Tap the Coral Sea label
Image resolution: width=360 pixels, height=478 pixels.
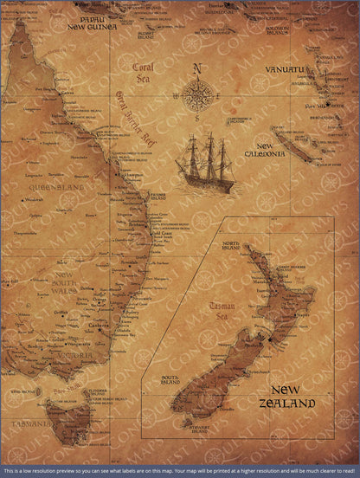pos(136,72)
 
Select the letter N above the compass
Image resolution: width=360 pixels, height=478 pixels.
pos(197,69)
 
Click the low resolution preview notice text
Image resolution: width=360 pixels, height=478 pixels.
pos(179,471)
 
